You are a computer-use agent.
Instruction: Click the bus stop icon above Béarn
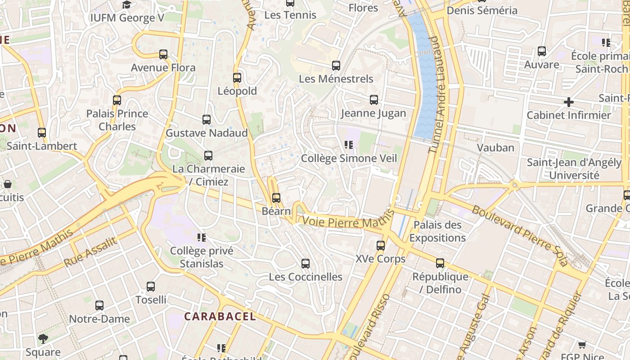(276, 198)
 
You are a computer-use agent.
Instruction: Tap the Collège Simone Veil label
(349, 158)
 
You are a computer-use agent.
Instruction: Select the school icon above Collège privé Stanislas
(201, 237)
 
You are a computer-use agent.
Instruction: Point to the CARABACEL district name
(220, 316)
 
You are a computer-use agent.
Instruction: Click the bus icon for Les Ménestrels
(336, 66)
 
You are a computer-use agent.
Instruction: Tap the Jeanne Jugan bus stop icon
(373, 100)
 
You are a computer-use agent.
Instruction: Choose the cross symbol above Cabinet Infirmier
(569, 102)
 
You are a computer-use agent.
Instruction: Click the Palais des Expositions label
(437, 231)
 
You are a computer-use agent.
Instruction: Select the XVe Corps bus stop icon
(381, 246)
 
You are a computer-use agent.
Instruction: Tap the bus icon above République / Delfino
(440, 263)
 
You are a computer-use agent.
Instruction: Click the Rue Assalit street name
(90, 252)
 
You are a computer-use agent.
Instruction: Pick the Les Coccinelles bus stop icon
(306, 264)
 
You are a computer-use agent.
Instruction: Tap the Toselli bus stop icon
(151, 287)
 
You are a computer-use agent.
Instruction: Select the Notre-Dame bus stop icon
(99, 306)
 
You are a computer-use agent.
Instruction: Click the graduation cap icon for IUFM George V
(127, 5)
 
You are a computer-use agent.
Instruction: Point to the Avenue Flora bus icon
(163, 54)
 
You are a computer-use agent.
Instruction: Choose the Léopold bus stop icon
(237, 78)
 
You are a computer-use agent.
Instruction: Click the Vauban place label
(495, 148)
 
